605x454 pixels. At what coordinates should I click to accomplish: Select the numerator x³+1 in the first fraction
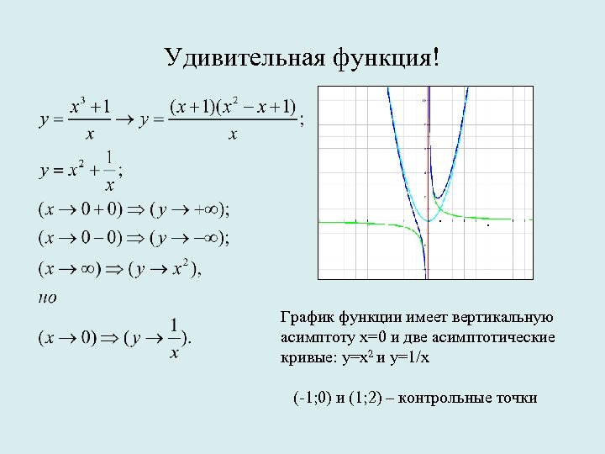tap(90, 107)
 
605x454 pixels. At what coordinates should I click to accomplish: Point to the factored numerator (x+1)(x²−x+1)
tap(233, 107)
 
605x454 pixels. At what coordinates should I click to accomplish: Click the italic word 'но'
tap(48, 296)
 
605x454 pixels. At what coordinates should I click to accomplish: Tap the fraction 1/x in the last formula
tap(174, 338)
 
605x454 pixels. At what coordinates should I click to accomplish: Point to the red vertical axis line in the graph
tap(427, 252)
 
